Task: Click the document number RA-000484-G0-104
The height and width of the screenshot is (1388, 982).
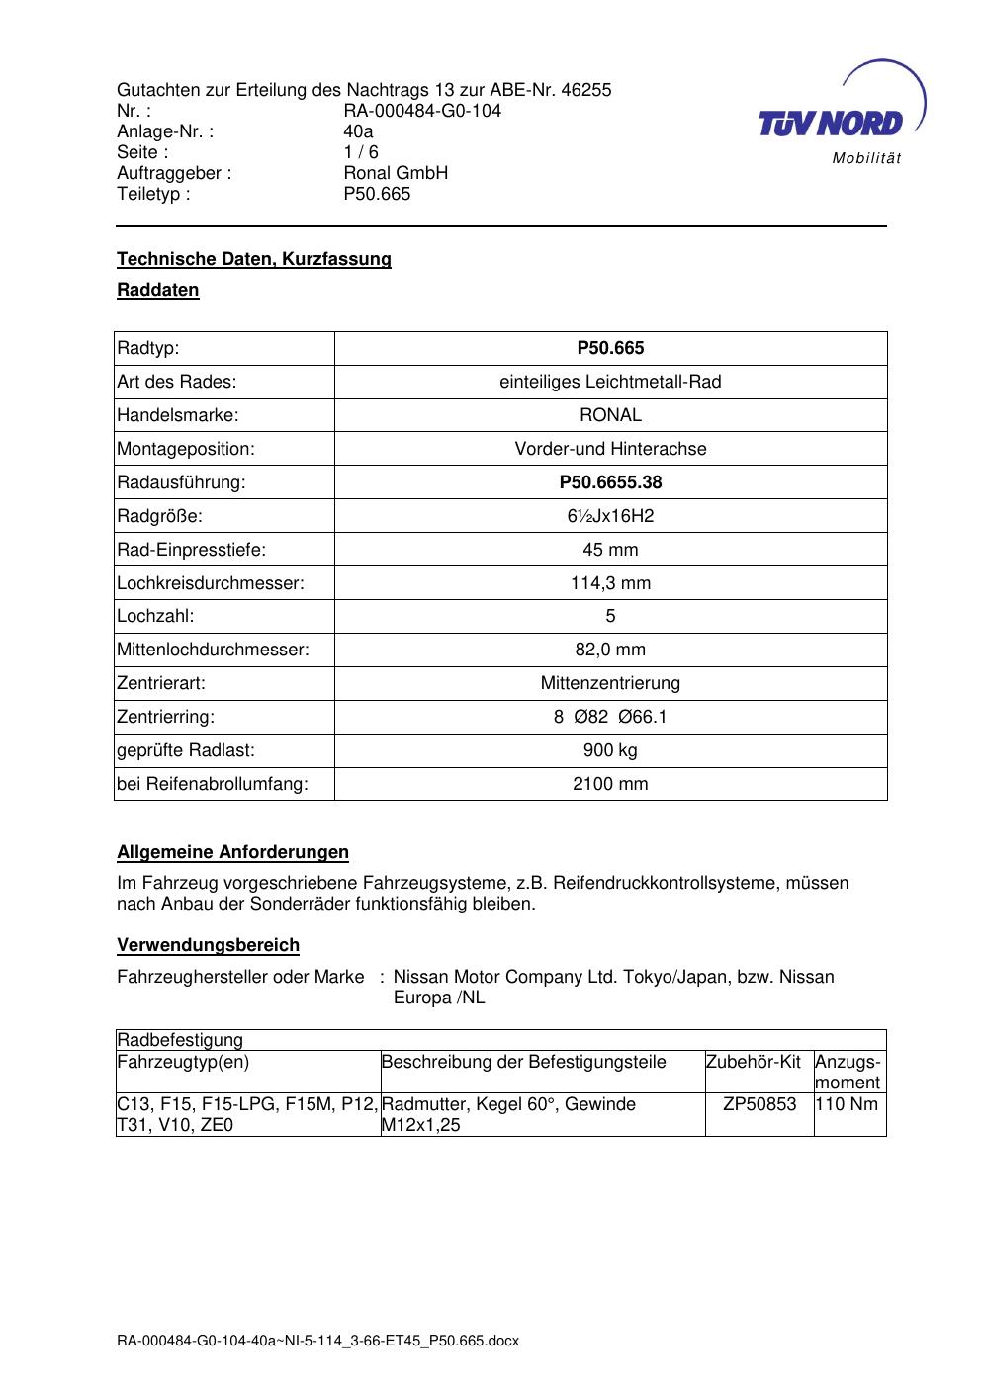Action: [x=422, y=111]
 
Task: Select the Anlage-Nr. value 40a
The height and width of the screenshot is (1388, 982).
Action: [x=358, y=131]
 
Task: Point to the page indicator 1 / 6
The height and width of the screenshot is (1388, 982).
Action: [x=361, y=152]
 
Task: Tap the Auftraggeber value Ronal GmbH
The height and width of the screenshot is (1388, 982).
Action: [x=396, y=173]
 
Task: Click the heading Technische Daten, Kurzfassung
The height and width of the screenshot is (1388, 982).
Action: [x=254, y=259]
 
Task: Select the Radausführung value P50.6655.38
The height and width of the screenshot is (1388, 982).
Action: [x=610, y=482]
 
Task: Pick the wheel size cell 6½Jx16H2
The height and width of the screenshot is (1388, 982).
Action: [x=610, y=516]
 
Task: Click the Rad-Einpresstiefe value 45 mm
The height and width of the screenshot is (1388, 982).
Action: [x=610, y=550]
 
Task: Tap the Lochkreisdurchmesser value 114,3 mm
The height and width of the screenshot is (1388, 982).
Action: [x=610, y=583]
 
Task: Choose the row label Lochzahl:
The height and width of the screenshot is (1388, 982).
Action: [x=155, y=616]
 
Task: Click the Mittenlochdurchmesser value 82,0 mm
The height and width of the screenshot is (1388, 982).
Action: [x=610, y=650]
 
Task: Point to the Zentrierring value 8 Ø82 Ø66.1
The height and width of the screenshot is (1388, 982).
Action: [x=610, y=717]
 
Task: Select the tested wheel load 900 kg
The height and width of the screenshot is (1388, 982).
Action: [x=610, y=750]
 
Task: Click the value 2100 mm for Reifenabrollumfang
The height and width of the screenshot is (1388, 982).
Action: [x=610, y=784]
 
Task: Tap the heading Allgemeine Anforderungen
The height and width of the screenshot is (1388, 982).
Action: [x=232, y=852]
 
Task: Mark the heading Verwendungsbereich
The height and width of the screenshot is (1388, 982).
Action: [x=208, y=945]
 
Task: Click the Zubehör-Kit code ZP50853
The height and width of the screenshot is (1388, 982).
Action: [x=759, y=1104]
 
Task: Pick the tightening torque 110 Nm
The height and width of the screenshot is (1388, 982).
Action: [x=848, y=1104]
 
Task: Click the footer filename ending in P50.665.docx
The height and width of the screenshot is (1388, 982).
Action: [x=317, y=1342]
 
